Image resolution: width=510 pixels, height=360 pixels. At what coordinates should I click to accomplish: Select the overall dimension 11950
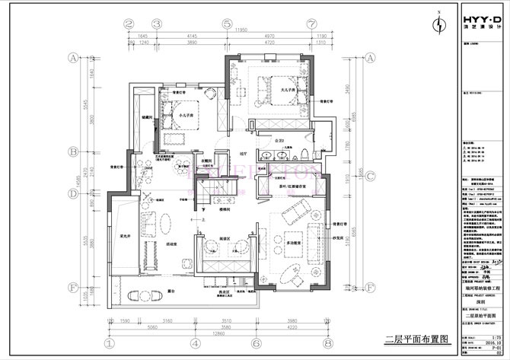(241, 30)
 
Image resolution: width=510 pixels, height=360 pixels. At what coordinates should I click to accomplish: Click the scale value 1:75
(498, 336)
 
